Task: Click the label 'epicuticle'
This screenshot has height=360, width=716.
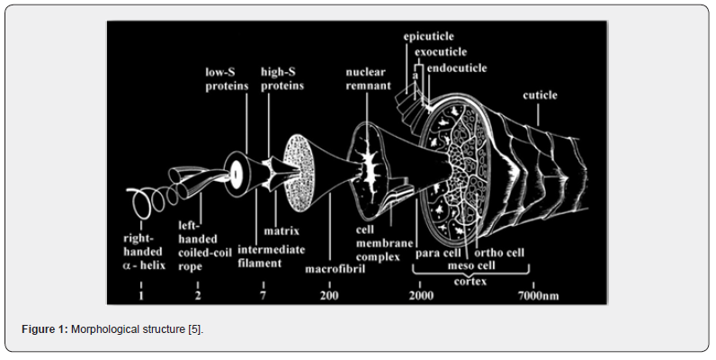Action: coord(428,37)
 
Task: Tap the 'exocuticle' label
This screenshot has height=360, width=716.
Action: coord(441,52)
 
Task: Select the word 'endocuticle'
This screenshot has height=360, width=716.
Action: coord(457,68)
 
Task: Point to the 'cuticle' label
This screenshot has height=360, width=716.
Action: coord(541,95)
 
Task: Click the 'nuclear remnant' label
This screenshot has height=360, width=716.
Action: coord(368,78)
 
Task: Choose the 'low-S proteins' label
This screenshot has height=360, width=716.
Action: coord(227,78)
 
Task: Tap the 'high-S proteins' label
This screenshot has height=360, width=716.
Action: coord(282,78)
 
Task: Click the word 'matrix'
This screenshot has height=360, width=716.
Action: coord(282,230)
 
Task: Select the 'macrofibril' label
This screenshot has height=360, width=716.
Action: coord(335,269)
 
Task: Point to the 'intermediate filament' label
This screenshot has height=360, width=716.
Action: coord(271,256)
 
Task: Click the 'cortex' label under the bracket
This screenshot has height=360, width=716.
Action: coord(470,282)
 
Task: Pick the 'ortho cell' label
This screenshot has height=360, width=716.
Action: coord(499,253)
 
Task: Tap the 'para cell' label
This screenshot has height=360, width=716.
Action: coord(437,253)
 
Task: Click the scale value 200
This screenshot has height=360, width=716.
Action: coord(329,295)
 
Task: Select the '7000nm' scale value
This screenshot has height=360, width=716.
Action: coord(538,295)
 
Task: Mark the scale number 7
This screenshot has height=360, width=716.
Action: coord(263,295)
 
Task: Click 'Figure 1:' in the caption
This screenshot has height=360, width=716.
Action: coord(45,329)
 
